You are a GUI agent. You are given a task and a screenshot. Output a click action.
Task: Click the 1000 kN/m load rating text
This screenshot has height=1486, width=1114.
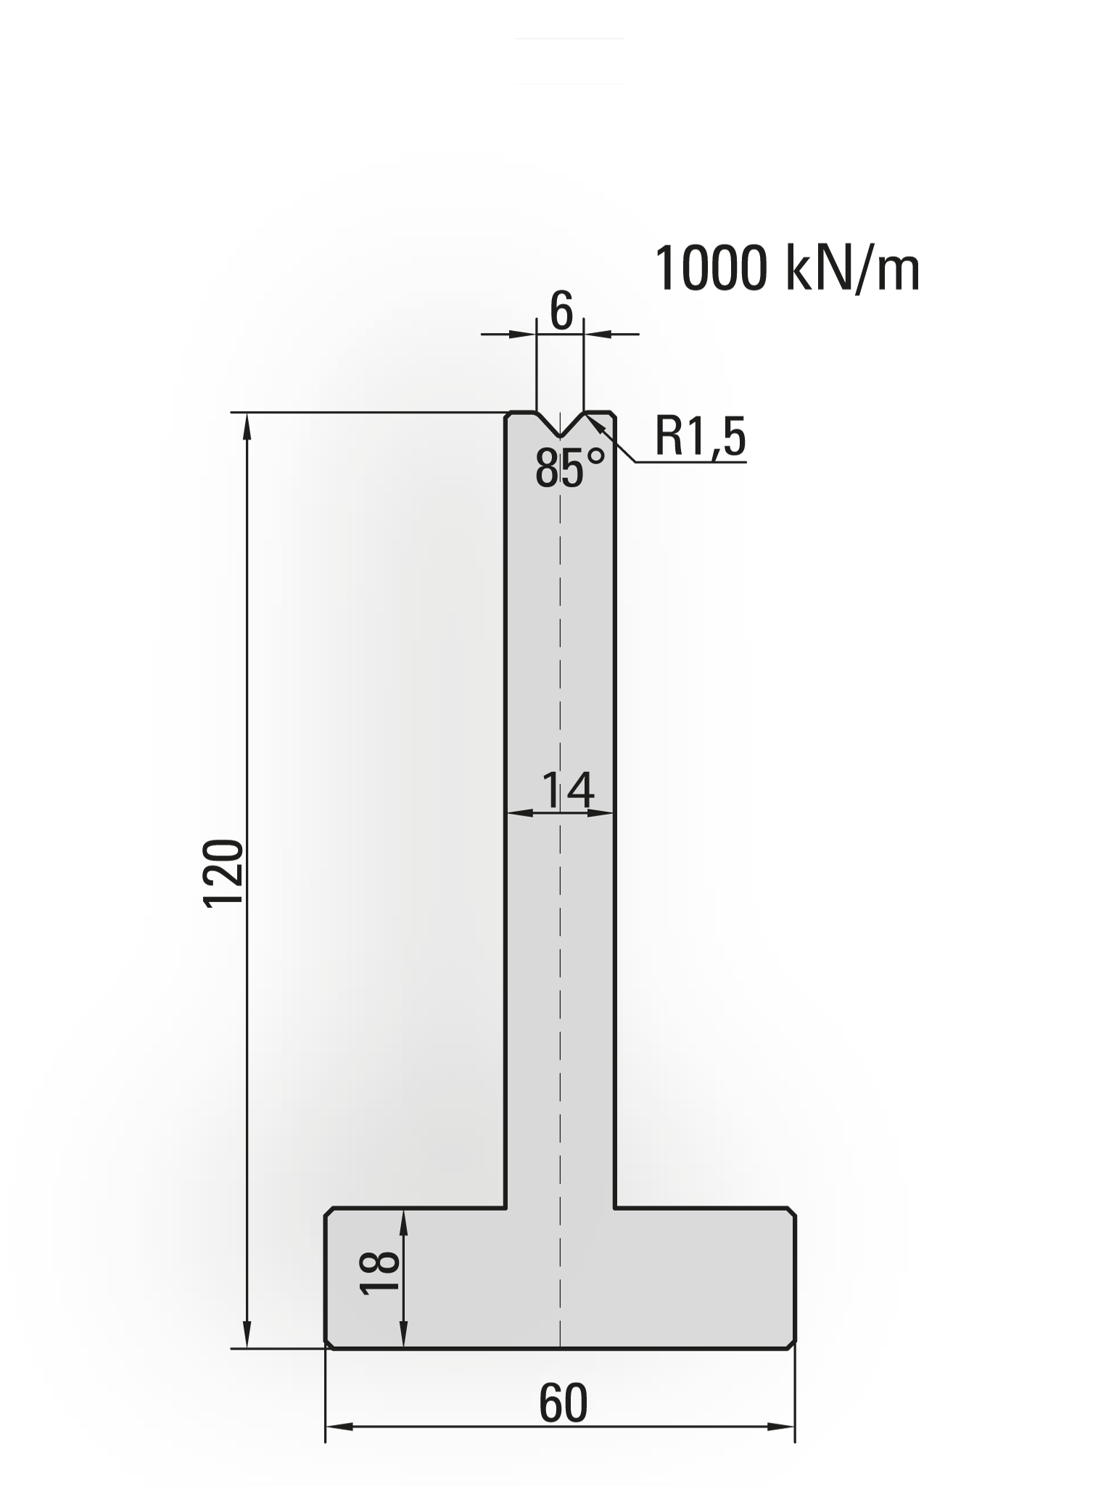(x=787, y=269)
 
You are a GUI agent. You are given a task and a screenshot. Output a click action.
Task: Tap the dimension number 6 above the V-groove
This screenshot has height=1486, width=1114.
(x=561, y=311)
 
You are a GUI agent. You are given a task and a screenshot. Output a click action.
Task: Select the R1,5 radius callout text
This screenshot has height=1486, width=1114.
(x=700, y=437)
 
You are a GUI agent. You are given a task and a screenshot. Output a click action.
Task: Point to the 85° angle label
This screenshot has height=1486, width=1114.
(x=569, y=468)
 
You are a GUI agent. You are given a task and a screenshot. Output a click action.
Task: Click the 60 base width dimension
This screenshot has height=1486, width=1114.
(x=563, y=1404)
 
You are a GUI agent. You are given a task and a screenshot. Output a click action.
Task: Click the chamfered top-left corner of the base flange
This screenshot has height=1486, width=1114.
(x=329, y=1212)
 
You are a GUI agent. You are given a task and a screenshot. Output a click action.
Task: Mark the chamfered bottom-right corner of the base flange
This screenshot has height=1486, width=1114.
(x=792, y=1345)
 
